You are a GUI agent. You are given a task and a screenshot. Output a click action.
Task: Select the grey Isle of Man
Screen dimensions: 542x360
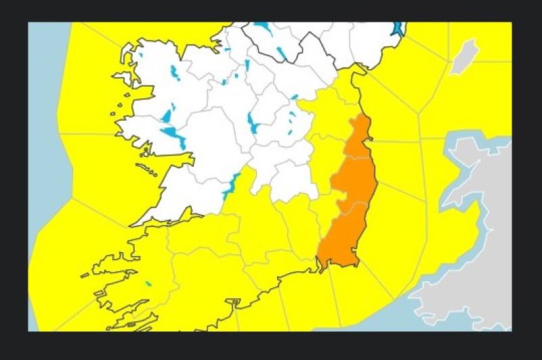466,55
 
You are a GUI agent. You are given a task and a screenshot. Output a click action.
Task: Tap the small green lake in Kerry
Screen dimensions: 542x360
148,283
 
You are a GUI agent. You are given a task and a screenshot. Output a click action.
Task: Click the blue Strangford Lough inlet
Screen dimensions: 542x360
398,28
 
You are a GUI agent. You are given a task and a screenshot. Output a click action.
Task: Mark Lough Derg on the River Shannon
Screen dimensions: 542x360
232,184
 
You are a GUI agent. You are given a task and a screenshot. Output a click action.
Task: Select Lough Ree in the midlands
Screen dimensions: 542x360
253,122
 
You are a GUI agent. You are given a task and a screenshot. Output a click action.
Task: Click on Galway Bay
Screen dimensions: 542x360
163,157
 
